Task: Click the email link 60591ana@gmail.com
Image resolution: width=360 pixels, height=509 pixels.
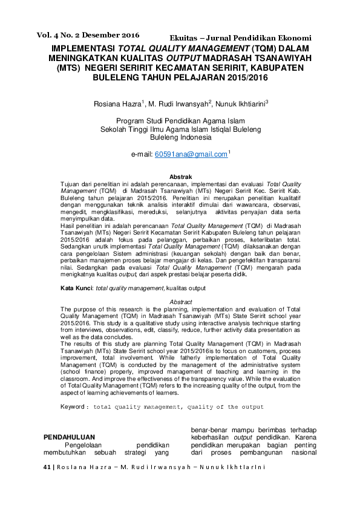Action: point(191,154)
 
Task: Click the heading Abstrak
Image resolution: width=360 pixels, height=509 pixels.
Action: point(180,176)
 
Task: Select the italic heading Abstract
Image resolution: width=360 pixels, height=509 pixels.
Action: point(180,302)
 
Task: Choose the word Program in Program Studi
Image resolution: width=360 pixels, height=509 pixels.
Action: point(131,120)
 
